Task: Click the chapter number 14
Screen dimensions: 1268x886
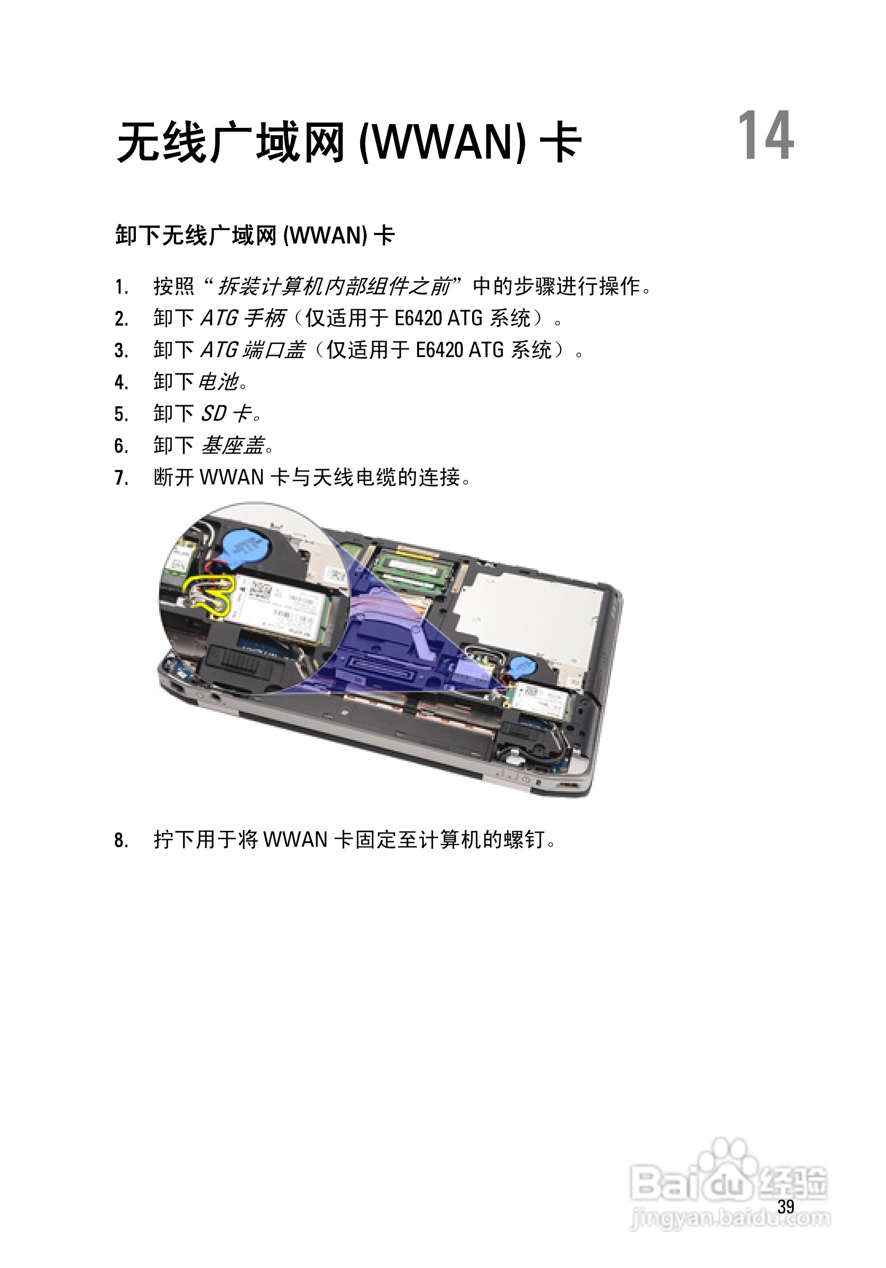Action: click(765, 136)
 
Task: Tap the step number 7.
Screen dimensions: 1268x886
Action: click(121, 477)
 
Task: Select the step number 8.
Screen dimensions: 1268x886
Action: click(121, 840)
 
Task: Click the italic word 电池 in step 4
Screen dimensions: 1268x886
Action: click(218, 381)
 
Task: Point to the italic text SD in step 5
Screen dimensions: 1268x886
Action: click(213, 414)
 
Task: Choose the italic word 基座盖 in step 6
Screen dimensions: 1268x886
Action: click(232, 445)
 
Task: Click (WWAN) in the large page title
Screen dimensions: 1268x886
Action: click(442, 143)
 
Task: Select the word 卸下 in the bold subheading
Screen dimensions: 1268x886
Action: click(138, 236)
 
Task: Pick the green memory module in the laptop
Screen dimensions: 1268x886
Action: click(412, 568)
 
